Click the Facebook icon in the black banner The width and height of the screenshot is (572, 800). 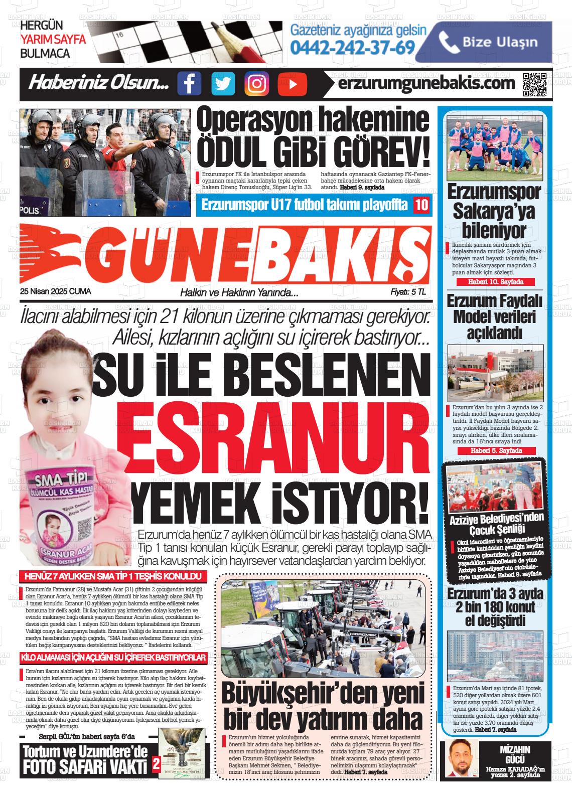pyautogui.click(x=189, y=83)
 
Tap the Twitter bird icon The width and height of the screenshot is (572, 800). pyautogui.click(x=223, y=83)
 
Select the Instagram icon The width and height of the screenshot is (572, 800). pyautogui.click(x=256, y=83)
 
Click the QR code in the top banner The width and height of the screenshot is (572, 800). pyautogui.click(x=534, y=84)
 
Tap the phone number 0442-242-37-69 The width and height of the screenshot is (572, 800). pyautogui.click(x=353, y=47)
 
